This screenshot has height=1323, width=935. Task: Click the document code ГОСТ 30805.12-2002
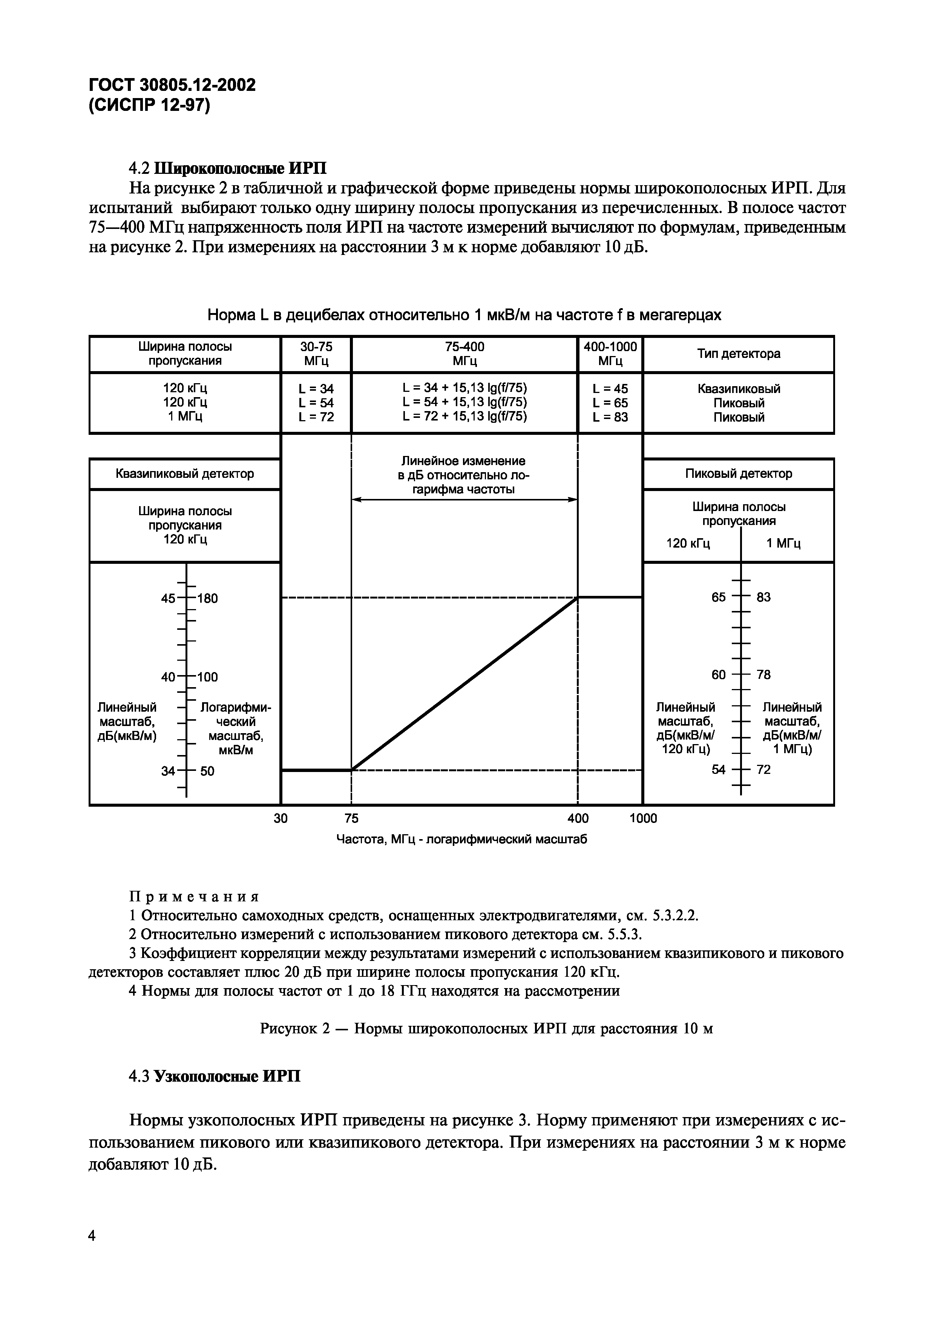pyautogui.click(x=172, y=85)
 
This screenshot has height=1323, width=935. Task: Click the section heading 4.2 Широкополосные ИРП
pyautogui.click(x=228, y=168)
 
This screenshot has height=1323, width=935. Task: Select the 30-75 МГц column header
pyautogui.click(x=316, y=354)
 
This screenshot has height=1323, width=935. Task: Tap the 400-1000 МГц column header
pyautogui.click(x=610, y=354)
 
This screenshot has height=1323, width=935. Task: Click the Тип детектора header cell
pyautogui.click(x=739, y=354)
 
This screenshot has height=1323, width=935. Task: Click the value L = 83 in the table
pyautogui.click(x=610, y=417)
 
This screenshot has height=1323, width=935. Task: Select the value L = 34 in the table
pyautogui.click(x=316, y=389)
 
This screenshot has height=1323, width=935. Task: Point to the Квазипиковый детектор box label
pyautogui.click(x=184, y=474)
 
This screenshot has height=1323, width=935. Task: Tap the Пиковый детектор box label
pyautogui.click(x=739, y=474)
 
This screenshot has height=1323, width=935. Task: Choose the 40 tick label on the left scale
pyautogui.click(x=168, y=677)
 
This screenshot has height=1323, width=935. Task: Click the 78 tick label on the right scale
pyautogui.click(x=763, y=674)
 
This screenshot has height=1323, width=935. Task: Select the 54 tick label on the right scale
pyautogui.click(x=718, y=769)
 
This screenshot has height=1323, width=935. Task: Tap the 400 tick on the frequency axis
pyautogui.click(x=578, y=818)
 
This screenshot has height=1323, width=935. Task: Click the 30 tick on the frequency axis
pyautogui.click(x=280, y=818)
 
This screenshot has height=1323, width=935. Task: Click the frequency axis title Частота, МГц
pyautogui.click(x=461, y=840)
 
